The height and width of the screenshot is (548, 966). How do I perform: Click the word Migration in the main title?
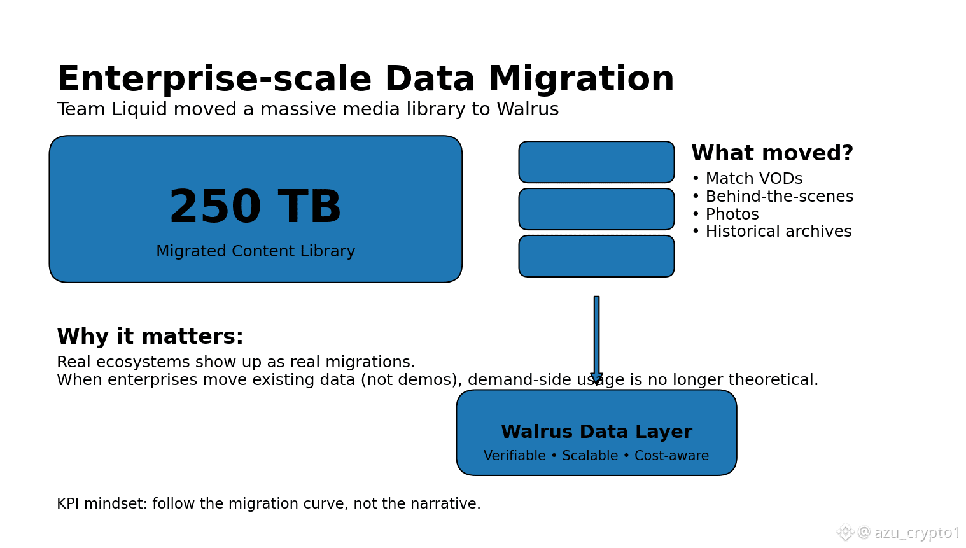(580, 80)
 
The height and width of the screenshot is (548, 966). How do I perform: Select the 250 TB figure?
(255, 207)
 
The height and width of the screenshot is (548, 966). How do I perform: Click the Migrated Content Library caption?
(255, 251)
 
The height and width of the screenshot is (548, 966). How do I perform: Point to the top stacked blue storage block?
(596, 162)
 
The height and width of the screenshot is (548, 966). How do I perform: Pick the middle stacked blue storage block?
(596, 209)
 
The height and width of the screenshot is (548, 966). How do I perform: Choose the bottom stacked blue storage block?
(596, 256)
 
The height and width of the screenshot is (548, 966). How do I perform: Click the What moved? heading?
(772, 153)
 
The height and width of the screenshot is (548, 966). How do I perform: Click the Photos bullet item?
(732, 214)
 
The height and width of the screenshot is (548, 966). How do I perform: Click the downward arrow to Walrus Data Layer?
(596, 337)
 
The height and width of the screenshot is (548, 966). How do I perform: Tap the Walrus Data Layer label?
(596, 432)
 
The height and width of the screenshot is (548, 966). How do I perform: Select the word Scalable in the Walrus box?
(590, 456)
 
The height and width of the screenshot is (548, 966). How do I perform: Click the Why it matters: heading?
(150, 337)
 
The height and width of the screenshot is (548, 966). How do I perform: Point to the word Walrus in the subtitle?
(527, 109)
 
